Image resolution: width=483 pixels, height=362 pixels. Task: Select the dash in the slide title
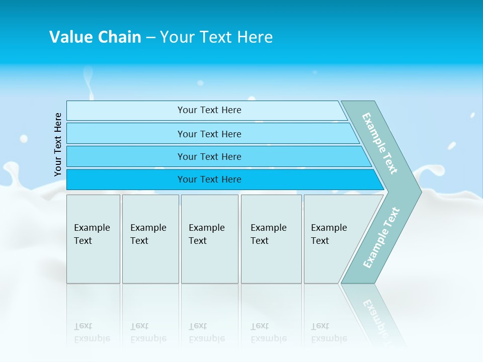[x=150, y=38]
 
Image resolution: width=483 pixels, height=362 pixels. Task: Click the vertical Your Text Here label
[x=58, y=145]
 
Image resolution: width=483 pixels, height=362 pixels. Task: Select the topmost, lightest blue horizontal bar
[x=209, y=110]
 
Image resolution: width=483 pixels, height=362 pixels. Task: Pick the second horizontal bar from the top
[x=209, y=134]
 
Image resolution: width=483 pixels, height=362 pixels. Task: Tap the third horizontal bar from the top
[x=209, y=156]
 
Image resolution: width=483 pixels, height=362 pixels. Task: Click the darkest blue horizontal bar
[x=209, y=179]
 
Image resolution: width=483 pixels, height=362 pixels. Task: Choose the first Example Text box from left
[x=93, y=239]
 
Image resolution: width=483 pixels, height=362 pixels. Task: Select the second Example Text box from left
[x=150, y=239]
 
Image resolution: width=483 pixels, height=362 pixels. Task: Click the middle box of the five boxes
[x=209, y=239]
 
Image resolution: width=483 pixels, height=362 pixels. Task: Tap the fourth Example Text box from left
[x=271, y=239]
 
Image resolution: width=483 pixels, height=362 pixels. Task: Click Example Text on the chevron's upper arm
[x=380, y=143]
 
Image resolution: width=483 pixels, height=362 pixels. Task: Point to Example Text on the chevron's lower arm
[x=381, y=237]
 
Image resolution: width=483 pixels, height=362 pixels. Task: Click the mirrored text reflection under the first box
[x=92, y=332]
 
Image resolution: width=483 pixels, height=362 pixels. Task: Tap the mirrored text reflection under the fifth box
[x=329, y=332]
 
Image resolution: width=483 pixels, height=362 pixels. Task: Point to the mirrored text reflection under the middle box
[x=206, y=332]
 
